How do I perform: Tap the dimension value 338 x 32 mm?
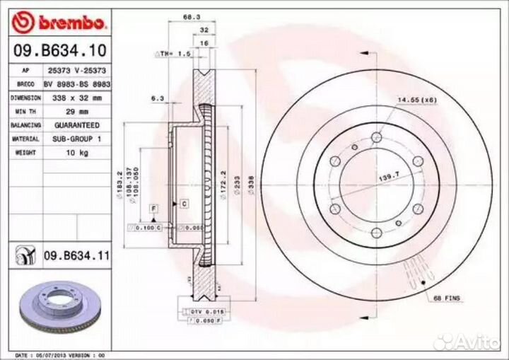77,97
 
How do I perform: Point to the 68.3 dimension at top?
188,17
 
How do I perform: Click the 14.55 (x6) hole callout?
417,100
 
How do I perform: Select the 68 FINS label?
446,298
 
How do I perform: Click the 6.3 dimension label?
157,98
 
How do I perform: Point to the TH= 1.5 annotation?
174,54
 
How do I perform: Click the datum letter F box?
153,207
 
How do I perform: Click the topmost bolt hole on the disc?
376,137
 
